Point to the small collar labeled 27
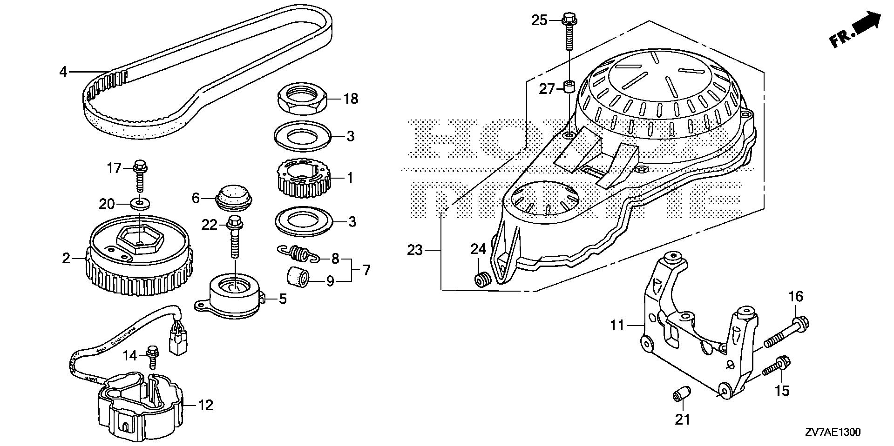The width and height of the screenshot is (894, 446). [x=569, y=87]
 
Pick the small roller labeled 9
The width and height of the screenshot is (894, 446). [x=298, y=278]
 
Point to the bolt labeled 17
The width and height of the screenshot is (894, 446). [x=139, y=175]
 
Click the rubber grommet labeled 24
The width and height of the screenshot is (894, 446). [x=481, y=280]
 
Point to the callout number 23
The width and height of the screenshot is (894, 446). [x=414, y=250]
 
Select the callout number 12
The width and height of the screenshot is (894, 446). [x=205, y=405]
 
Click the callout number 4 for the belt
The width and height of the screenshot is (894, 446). [x=63, y=72]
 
